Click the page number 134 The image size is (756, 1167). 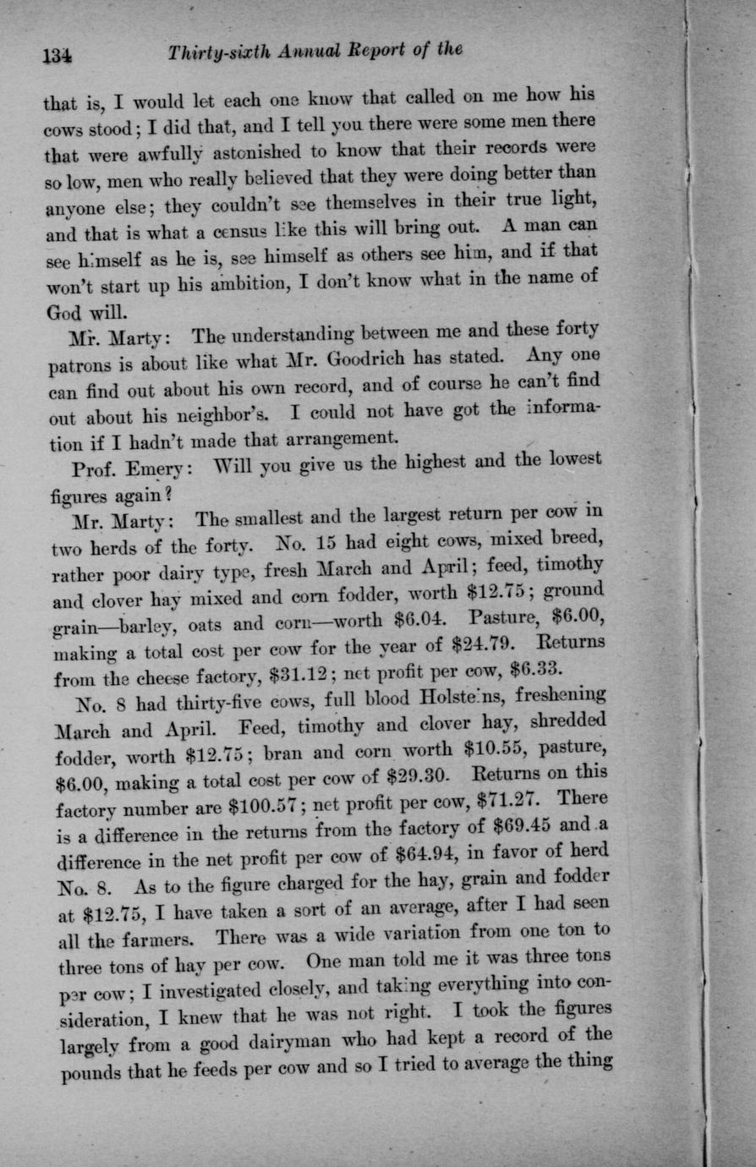tap(58, 57)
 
